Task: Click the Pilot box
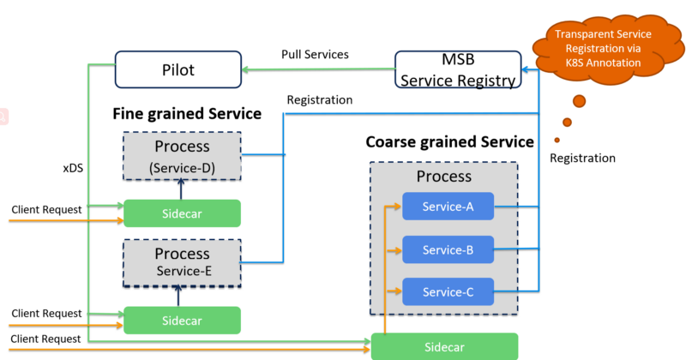point(178,69)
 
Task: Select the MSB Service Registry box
point(457,70)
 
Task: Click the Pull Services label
point(315,54)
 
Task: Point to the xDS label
point(72,168)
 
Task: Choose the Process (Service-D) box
point(182,155)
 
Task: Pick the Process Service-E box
point(182,261)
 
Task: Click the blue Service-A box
point(448,207)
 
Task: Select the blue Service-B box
point(448,249)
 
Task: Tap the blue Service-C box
point(448,291)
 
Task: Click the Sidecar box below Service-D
point(182,213)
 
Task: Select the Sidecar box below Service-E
point(182,320)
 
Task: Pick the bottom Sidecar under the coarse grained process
point(444,346)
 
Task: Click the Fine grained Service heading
point(187,113)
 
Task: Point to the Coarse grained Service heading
point(449,141)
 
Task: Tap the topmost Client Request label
point(46,209)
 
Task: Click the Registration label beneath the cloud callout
point(582,158)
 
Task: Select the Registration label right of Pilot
point(319,99)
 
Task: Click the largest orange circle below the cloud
point(580,101)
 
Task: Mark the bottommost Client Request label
point(46,339)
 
